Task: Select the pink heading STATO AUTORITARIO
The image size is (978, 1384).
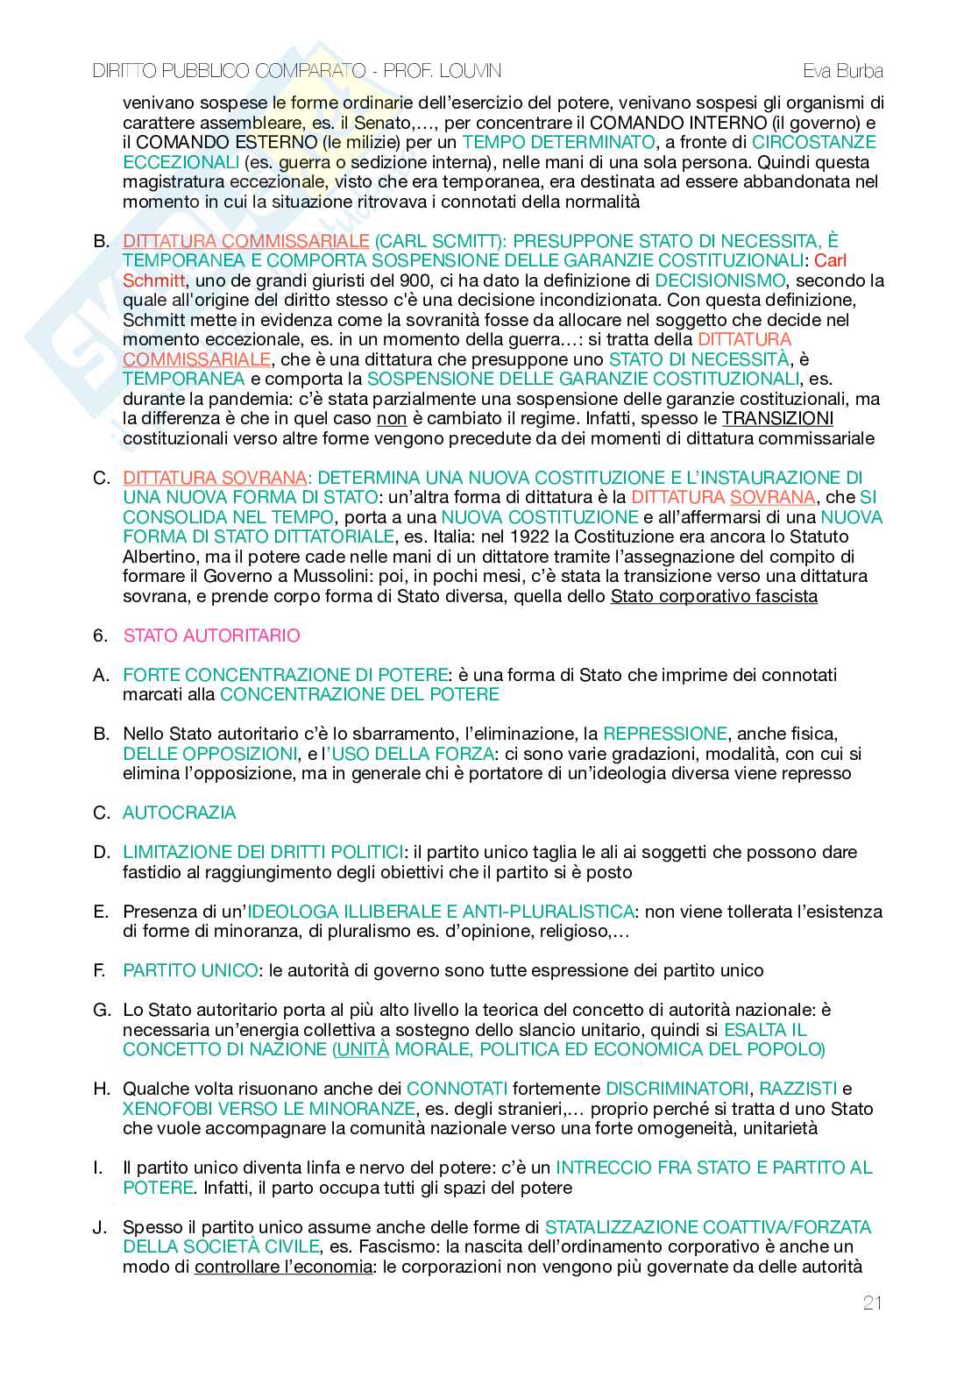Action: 211,635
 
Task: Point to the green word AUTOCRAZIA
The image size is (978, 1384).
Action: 179,813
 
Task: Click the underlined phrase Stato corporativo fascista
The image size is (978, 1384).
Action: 713,597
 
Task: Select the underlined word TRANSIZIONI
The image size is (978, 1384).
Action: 776,418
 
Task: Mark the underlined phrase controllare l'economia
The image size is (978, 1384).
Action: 283,1267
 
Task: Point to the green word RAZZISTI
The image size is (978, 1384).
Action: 797,1089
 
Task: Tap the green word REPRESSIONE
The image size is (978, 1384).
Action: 665,734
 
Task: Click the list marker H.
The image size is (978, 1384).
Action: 102,1089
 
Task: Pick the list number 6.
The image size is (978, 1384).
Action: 100,635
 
